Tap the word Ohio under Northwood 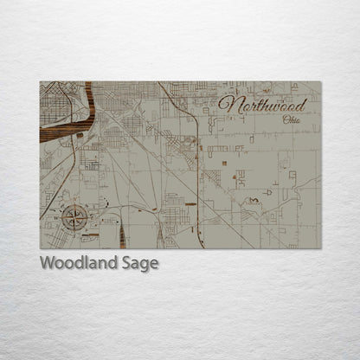pos(292,119)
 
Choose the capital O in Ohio pos(285,119)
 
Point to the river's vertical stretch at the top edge pos(89,91)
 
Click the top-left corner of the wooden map pos(40,81)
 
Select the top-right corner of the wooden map pos(321,81)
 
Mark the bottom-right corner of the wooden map pos(321,248)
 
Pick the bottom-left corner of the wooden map pos(40,248)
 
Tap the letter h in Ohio pos(292,119)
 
